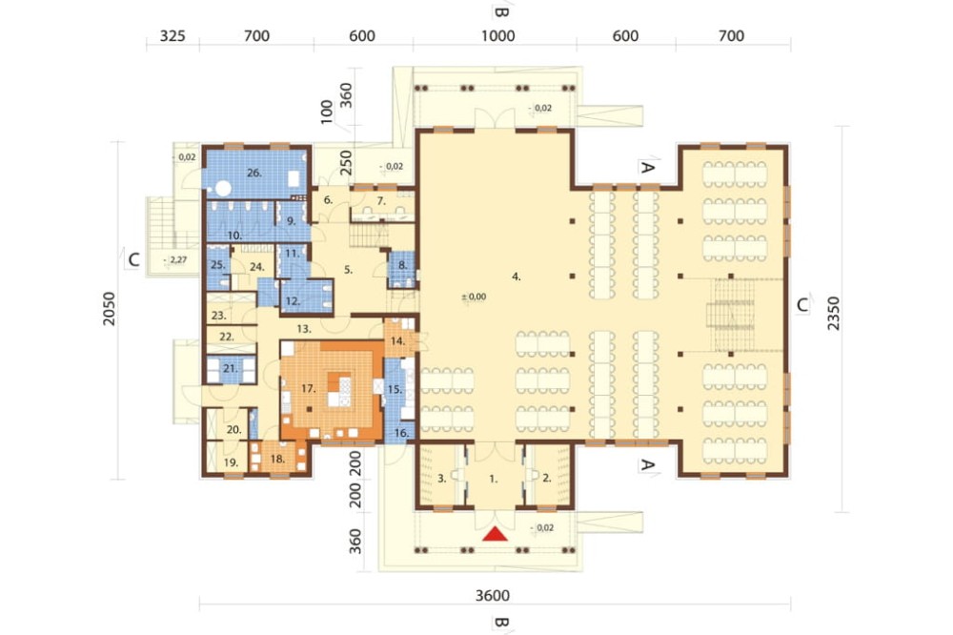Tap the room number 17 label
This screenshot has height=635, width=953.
pos(308,389)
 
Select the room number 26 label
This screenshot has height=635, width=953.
pos(254,173)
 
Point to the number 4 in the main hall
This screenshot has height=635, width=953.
pos(516,277)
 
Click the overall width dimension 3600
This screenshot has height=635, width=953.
pos(493,595)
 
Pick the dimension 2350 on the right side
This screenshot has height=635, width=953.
pos(833,314)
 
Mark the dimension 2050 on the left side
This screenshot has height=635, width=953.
pos(109,309)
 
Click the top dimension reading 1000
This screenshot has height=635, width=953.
pos(497,36)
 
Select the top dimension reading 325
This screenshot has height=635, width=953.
pos(172,36)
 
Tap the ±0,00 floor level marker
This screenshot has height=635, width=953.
pos(474,297)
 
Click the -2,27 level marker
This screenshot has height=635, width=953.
pos(175,260)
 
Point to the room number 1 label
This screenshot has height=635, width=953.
pos(494,480)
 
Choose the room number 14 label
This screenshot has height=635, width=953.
pos(397,341)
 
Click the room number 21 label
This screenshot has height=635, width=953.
pos(231,369)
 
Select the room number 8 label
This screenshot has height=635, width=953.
pos(402,265)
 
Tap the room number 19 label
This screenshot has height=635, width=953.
pos(231,462)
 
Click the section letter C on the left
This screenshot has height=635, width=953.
pos(133,259)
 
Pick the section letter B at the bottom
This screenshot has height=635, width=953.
pos(500,624)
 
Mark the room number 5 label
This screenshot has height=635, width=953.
pos(348,269)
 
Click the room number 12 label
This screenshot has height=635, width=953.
pos(293,300)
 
